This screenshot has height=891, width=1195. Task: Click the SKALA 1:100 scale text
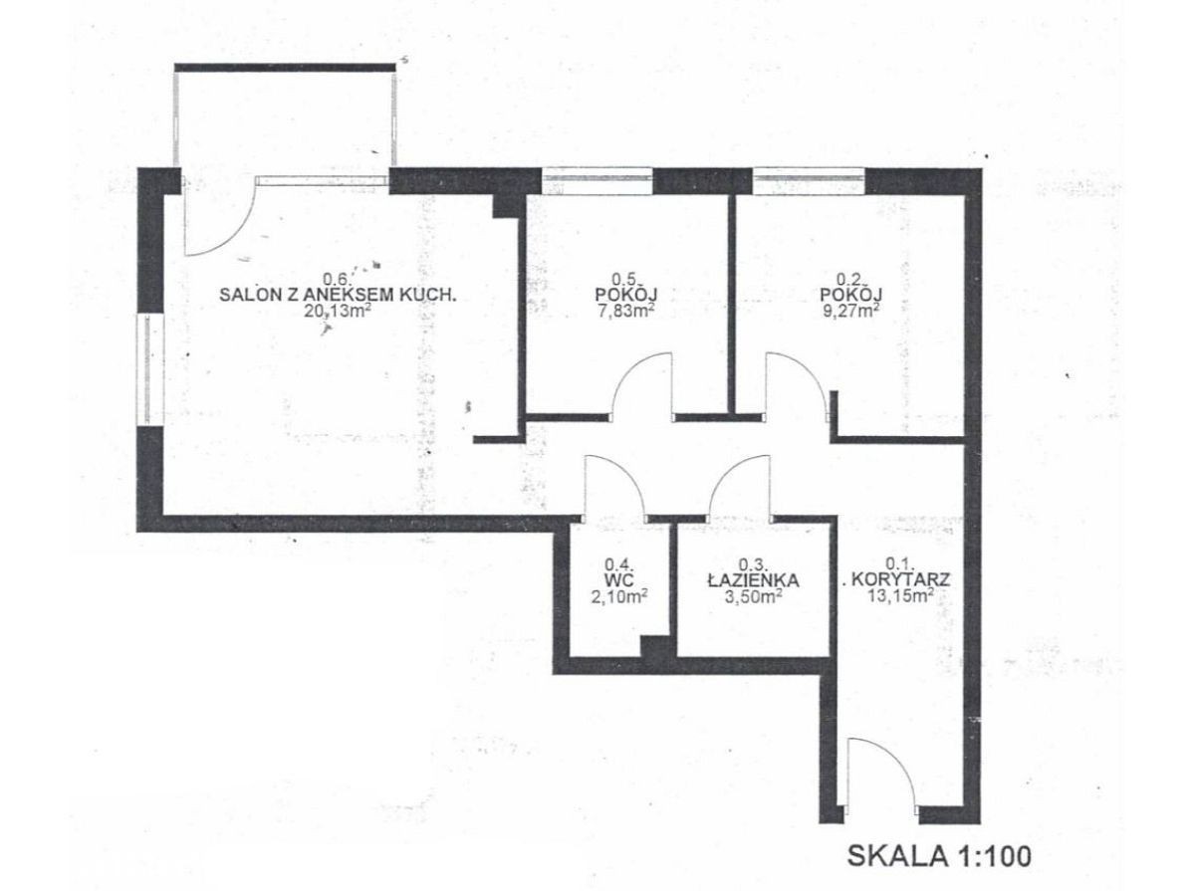(x=939, y=856)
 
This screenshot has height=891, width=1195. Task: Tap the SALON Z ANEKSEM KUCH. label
(x=338, y=295)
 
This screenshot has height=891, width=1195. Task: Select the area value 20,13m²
(x=338, y=311)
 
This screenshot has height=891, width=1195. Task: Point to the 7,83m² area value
(x=626, y=311)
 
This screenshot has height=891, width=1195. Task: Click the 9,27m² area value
(x=850, y=311)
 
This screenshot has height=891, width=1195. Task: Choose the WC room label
(x=619, y=580)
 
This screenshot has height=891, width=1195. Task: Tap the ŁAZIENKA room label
(x=754, y=580)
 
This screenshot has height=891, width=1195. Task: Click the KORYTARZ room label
(x=901, y=579)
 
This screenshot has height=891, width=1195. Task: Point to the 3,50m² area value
(x=754, y=597)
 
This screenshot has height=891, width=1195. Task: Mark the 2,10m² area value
(x=619, y=597)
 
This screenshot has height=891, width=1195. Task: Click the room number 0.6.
(x=336, y=279)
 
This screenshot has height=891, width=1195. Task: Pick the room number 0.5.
(x=624, y=279)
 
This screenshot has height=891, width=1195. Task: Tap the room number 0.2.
(x=848, y=279)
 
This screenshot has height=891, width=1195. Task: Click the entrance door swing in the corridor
(x=898, y=761)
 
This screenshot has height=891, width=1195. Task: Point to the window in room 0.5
(x=597, y=179)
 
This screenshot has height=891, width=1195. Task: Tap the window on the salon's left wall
(x=149, y=370)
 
